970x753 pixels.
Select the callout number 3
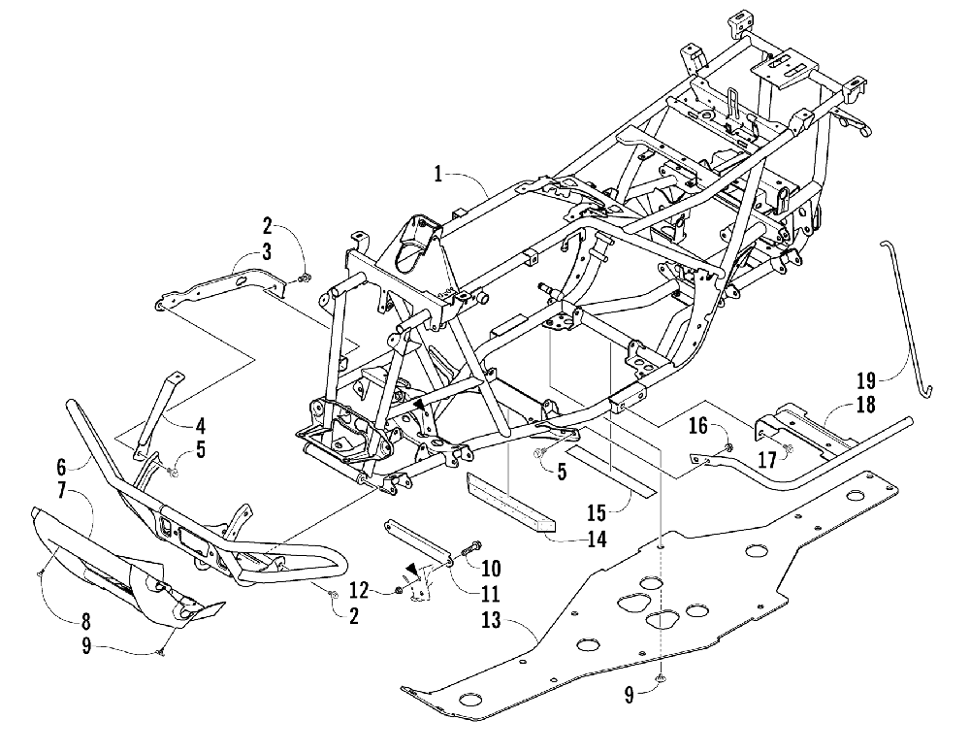[266, 252]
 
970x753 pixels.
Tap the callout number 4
[200, 425]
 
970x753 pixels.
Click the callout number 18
[865, 407]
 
